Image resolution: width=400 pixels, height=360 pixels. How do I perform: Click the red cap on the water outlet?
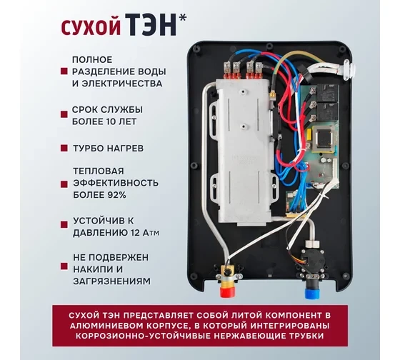click(227, 291)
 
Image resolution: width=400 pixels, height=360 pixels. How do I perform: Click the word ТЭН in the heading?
click(151, 25)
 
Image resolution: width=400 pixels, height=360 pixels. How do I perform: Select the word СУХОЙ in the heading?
click(91, 27)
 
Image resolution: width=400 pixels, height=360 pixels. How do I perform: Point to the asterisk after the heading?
click(183, 18)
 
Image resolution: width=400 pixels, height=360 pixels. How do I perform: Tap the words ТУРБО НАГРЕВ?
click(108, 149)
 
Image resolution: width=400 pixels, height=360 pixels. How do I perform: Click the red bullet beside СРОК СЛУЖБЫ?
click(64, 114)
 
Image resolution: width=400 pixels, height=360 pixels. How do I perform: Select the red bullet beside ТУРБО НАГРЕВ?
click(64, 148)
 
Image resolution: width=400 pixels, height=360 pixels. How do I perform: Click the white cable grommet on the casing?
click(349, 69)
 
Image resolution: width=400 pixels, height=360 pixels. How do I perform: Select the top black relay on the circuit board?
click(329, 93)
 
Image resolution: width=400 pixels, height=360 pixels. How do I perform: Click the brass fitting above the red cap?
click(227, 275)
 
